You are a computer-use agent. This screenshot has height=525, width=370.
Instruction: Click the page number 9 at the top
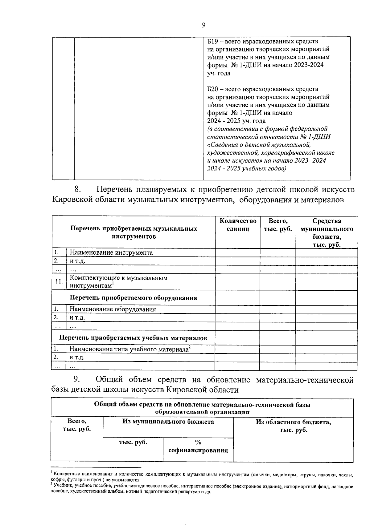[x=203, y=25]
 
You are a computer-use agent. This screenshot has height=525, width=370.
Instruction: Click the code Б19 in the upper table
[x=213, y=41]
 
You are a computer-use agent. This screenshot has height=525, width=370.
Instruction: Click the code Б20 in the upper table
[x=213, y=89]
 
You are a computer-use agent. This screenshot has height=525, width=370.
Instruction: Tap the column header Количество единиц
[x=238, y=225]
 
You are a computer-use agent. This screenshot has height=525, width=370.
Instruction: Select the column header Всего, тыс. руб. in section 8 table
[x=278, y=225]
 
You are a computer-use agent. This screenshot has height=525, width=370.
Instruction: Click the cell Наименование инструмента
[x=111, y=253]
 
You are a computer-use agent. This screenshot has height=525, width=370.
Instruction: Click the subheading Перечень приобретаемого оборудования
[x=133, y=298]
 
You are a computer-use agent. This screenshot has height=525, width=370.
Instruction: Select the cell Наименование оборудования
[x=113, y=309]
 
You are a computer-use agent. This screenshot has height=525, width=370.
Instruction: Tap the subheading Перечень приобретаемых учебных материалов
[x=133, y=338]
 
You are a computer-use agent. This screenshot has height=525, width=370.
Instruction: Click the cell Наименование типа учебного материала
[x=129, y=349]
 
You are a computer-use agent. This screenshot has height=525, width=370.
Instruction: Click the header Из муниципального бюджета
[x=168, y=422]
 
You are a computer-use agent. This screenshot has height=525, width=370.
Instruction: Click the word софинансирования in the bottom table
[x=198, y=450]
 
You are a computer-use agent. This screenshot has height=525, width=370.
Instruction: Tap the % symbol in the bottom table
[x=198, y=442]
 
